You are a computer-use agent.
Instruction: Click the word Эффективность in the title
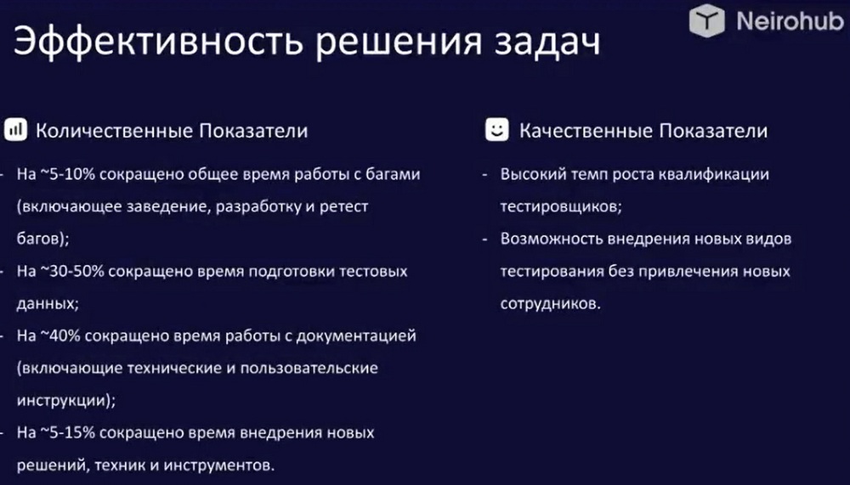157,42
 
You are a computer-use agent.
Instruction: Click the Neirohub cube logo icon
706,20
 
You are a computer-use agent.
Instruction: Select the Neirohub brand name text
790,21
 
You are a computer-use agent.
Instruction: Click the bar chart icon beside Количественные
15,130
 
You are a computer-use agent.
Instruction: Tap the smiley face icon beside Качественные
497,130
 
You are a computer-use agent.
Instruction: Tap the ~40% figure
60,336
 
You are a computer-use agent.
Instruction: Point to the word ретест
343,207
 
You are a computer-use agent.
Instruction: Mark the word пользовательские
309,368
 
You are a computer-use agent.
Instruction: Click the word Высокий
532,174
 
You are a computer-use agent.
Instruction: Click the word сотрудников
551,303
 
